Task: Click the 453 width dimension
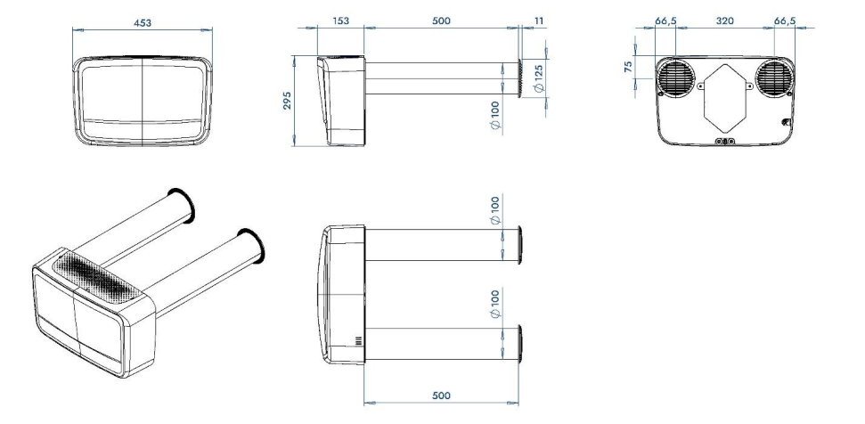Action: (x=143, y=22)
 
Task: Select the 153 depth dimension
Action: (x=341, y=21)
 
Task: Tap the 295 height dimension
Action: (x=288, y=101)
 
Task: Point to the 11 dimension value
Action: (x=539, y=21)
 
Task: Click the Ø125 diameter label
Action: (x=539, y=78)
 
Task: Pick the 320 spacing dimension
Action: (x=725, y=21)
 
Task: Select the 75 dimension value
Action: (x=628, y=68)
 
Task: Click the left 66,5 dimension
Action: (x=665, y=21)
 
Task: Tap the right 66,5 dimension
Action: (x=785, y=21)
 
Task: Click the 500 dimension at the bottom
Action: (x=441, y=395)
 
